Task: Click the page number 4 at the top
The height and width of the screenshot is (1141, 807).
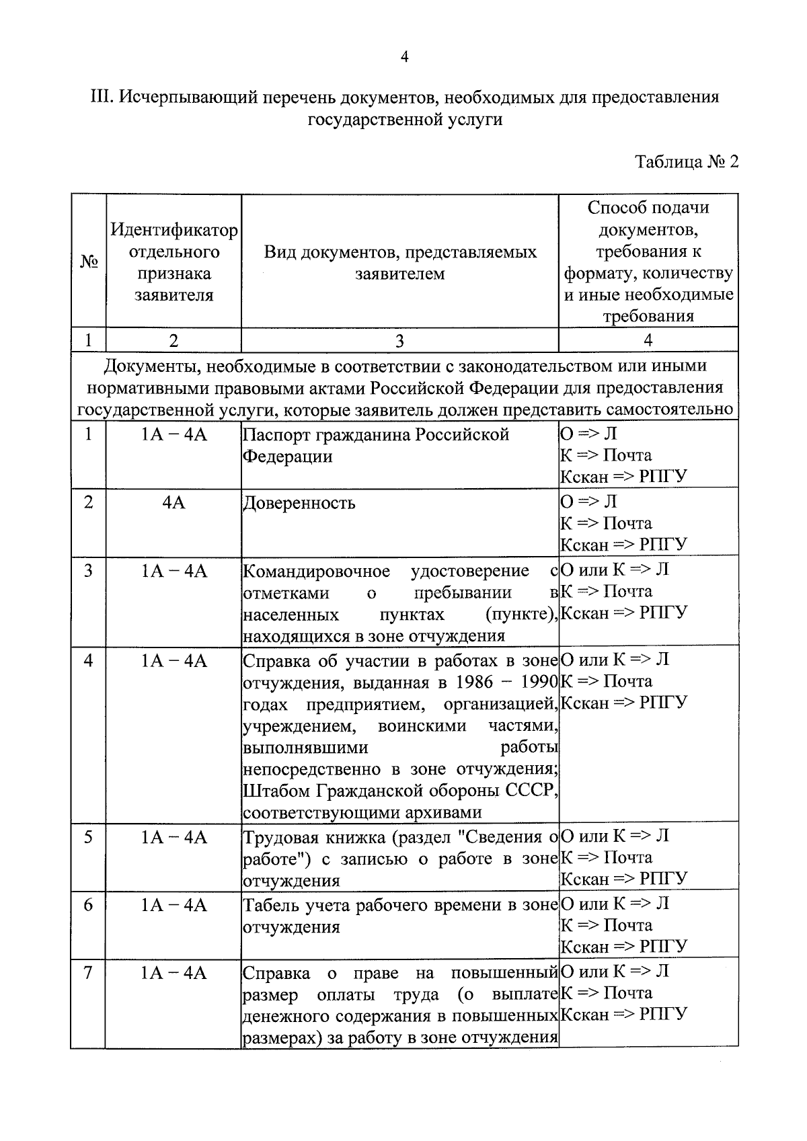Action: click(x=404, y=57)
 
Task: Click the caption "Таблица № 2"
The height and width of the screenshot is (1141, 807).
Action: click(x=687, y=162)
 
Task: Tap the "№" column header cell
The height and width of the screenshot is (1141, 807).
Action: click(x=87, y=262)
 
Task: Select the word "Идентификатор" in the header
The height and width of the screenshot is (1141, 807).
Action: click(x=174, y=231)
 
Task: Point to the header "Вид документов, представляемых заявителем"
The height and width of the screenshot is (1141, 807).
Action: click(x=399, y=263)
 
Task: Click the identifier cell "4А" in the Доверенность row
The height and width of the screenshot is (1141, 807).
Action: click(x=174, y=503)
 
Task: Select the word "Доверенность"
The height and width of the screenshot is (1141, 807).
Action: click(x=299, y=504)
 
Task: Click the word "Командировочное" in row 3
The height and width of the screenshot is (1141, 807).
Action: click(x=316, y=572)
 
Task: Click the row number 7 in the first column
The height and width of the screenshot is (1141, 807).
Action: click(x=88, y=973)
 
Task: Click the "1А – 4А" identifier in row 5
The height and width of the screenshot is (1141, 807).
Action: click(x=174, y=837)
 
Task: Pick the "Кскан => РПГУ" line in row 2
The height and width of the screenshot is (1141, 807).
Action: click(x=624, y=545)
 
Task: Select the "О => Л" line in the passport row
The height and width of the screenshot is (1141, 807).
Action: click(x=588, y=434)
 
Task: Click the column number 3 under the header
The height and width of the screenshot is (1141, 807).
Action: click(x=399, y=341)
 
